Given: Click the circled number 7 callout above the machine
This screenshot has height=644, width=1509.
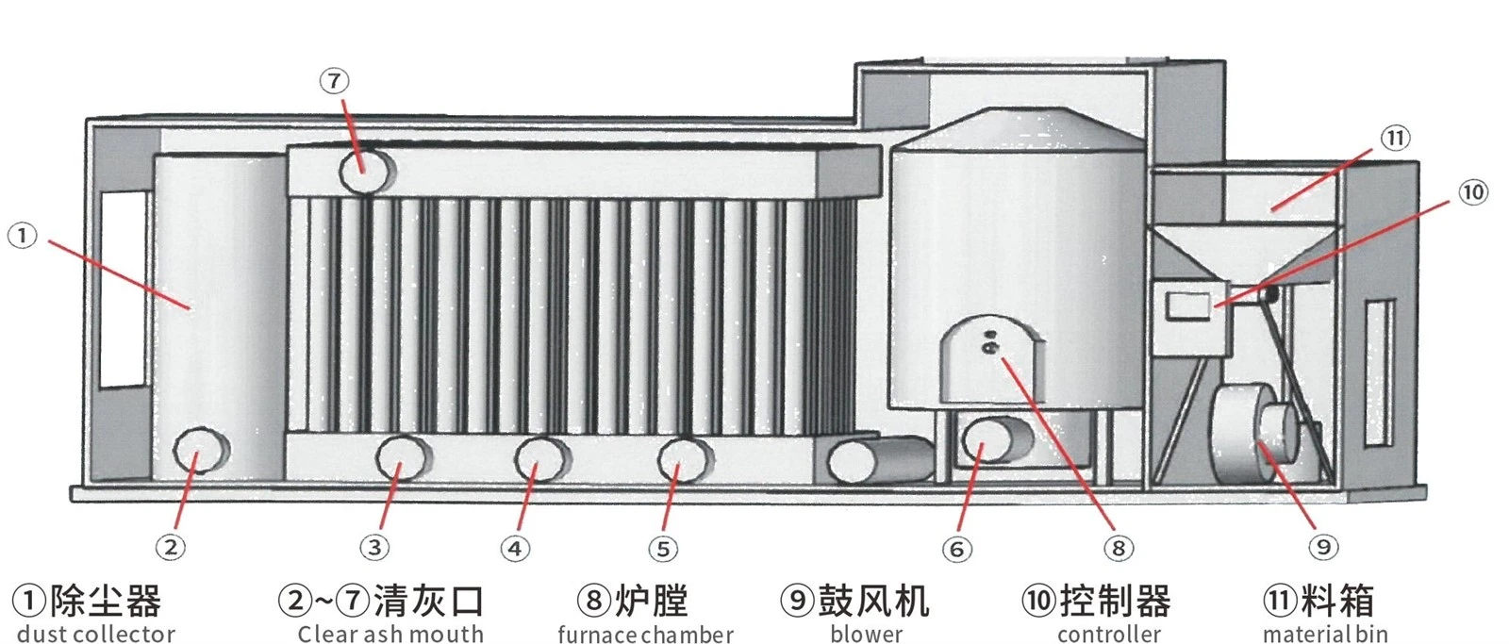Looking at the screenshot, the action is (x=334, y=81).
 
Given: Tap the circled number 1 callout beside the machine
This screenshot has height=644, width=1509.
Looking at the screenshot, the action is (x=23, y=237).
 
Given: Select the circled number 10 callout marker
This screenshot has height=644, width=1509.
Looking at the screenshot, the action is (x=1472, y=193).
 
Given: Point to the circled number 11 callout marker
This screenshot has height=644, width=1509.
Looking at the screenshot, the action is (x=1395, y=139).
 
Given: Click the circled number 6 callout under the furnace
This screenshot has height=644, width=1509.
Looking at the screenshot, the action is (x=956, y=549).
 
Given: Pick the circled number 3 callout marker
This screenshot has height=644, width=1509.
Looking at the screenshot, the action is (x=374, y=547).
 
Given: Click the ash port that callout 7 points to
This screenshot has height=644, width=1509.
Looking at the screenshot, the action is (x=366, y=171).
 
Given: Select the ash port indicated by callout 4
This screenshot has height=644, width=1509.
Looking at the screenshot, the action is (x=541, y=459).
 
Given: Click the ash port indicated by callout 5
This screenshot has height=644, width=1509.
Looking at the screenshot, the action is (x=685, y=461).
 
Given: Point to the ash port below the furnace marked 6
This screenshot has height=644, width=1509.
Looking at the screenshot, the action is (x=997, y=439).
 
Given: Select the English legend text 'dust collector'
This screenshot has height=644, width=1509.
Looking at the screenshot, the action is (x=95, y=634).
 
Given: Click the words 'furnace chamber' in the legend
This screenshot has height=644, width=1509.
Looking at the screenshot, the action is (x=645, y=634).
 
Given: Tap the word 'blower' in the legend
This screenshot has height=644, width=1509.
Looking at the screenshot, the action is (x=867, y=634).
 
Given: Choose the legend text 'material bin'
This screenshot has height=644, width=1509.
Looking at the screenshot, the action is (x=1325, y=634).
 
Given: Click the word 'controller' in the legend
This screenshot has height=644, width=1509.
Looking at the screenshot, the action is (x=1109, y=634).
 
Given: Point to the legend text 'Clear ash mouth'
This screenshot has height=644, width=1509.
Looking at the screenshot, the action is (x=390, y=634).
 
